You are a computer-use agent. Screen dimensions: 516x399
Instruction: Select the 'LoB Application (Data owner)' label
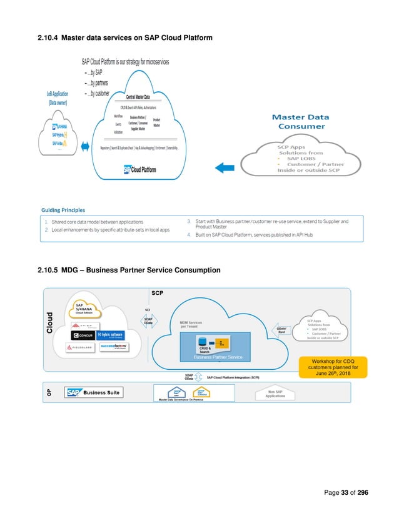tap(64, 98)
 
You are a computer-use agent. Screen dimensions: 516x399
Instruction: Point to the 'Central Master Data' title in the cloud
tap(146, 97)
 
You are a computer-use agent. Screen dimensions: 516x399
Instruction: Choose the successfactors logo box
tap(113, 347)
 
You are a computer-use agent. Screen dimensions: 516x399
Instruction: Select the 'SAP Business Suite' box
tap(94, 392)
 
